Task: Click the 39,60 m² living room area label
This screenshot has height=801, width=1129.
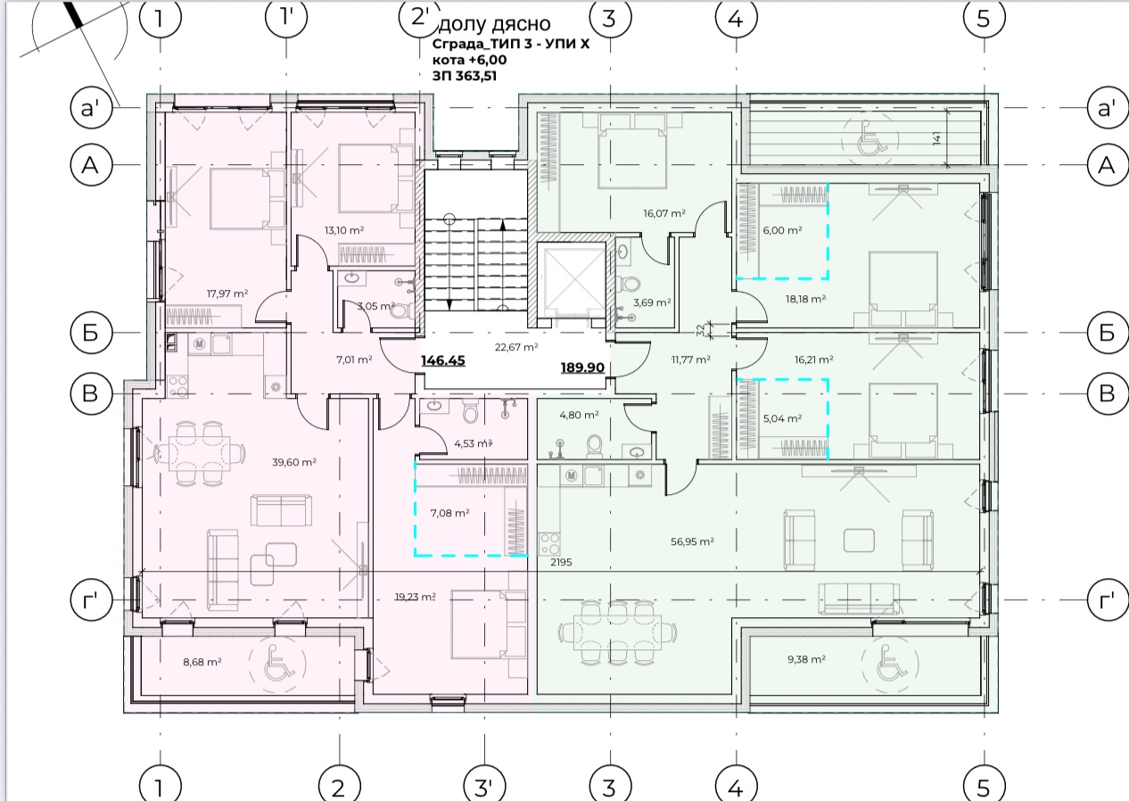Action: (293, 462)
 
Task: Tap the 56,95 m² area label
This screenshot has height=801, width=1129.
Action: (692, 541)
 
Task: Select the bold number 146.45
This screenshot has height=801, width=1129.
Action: (443, 360)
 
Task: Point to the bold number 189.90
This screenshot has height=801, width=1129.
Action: (582, 367)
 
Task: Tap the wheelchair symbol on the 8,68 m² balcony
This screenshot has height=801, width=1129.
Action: (277, 663)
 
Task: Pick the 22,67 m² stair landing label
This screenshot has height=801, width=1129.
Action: (516, 347)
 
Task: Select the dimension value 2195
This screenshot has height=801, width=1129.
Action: (561, 562)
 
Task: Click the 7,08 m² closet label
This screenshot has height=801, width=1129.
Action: (450, 513)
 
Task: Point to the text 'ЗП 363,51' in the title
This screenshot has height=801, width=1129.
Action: (465, 76)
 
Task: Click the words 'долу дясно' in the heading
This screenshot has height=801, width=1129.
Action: (495, 24)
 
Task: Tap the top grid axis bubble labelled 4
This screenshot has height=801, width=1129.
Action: (736, 18)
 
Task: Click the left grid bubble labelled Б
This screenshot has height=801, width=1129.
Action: (91, 333)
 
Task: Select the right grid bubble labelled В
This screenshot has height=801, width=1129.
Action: (1107, 393)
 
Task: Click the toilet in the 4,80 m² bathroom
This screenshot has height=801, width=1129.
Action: (594, 446)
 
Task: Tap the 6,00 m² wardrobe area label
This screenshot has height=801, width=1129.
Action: (782, 230)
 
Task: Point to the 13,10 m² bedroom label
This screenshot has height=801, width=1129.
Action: (344, 230)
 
